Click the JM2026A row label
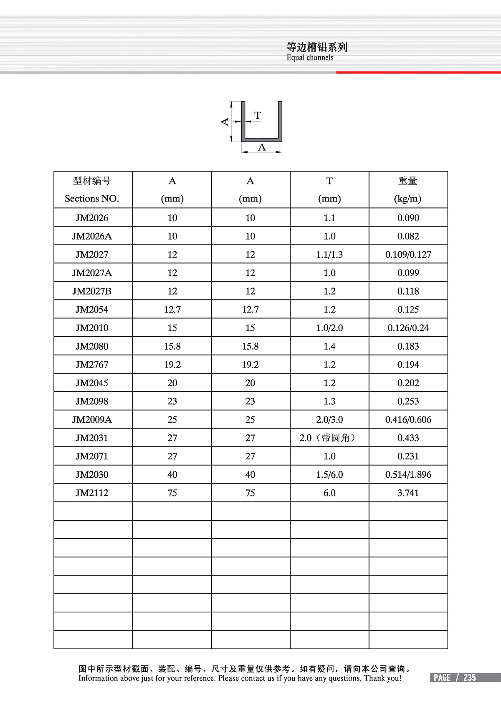92,236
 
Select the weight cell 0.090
408,218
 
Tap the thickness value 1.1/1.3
329,254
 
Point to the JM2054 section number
92,310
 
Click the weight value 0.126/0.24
408,328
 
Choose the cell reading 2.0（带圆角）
329,438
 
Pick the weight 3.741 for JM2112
408,493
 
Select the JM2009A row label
92,419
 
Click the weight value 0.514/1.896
408,474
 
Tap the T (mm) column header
329,189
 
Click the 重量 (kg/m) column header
408,189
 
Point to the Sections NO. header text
92,199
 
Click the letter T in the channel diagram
258,115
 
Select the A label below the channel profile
262,147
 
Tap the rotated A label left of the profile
225,122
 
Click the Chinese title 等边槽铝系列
317,47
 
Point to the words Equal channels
310,58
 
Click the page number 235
470,678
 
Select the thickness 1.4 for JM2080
329,346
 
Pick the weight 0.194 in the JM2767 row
408,365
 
